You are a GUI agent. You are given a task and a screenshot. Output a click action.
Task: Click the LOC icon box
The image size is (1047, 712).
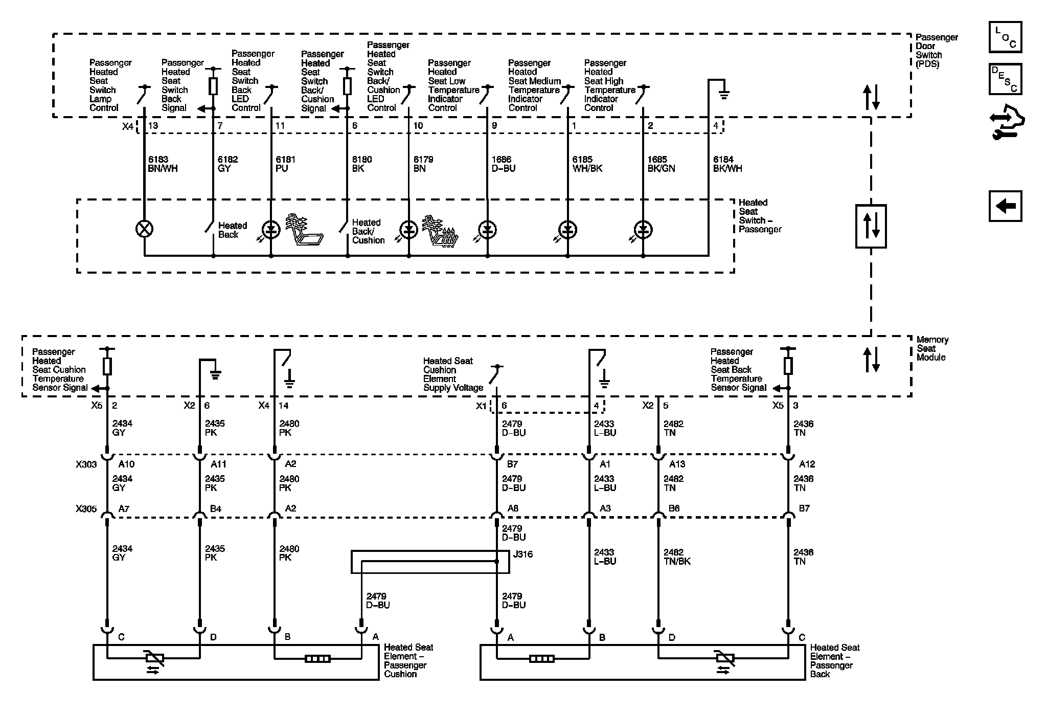(1005, 37)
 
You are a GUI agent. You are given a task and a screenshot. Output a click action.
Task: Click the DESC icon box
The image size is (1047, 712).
(1005, 79)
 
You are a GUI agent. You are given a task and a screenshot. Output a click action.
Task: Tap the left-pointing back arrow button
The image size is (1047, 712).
(1005, 206)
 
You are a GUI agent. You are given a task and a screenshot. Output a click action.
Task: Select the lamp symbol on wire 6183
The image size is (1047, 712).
(144, 229)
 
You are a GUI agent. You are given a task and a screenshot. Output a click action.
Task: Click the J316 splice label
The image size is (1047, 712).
(522, 554)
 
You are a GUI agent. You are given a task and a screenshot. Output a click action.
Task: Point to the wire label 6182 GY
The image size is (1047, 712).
(227, 164)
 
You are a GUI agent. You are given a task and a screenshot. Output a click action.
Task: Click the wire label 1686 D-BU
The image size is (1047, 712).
(503, 164)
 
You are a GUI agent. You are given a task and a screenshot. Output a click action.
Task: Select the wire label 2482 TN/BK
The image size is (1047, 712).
(677, 557)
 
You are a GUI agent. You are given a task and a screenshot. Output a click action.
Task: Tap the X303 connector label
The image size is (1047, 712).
(86, 464)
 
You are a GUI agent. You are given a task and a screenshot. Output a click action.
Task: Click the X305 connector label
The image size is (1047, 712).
(86, 509)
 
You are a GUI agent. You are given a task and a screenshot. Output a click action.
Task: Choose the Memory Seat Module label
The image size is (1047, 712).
(932, 348)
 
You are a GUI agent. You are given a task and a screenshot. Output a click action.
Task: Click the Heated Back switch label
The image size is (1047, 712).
(232, 230)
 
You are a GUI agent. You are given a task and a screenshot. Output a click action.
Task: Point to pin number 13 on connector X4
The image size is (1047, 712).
(153, 126)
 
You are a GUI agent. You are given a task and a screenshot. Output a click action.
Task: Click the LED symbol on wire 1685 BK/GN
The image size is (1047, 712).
(643, 230)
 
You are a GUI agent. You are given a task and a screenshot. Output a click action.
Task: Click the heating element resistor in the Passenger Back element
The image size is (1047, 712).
(541, 659)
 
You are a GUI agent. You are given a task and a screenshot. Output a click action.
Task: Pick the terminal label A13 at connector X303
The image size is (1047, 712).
(677, 464)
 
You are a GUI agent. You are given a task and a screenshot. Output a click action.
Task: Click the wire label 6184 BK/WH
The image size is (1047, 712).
(727, 164)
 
